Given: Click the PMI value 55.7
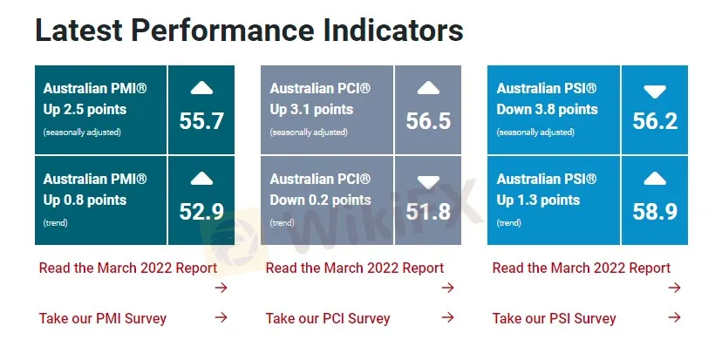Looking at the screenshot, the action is tap(201, 121).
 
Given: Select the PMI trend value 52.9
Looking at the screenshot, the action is tap(201, 212).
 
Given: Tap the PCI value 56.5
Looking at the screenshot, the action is tap(428, 121).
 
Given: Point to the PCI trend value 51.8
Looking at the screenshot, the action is tap(428, 212).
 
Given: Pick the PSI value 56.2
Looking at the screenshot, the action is tap(655, 121).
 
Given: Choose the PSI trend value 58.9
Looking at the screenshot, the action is tap(655, 212).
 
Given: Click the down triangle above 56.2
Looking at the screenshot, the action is tap(655, 92).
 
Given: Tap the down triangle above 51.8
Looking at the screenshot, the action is tap(428, 183).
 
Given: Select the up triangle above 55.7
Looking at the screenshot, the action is tap(201, 88).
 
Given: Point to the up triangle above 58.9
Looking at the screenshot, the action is tap(655, 179).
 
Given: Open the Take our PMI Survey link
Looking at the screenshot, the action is tap(103, 318).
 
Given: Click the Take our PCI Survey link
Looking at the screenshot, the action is tap(328, 318).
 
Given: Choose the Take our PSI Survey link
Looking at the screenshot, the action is tap(554, 318).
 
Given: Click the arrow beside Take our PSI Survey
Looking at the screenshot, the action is tap(674, 317).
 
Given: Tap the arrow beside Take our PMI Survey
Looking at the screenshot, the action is tap(221, 317).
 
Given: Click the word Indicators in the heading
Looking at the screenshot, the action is tap(393, 31).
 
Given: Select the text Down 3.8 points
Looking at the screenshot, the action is tap(548, 109).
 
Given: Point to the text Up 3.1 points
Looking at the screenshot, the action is tap(311, 109).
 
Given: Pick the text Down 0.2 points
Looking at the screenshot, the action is tap(321, 200).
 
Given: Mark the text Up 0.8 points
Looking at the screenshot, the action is tap(85, 200).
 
